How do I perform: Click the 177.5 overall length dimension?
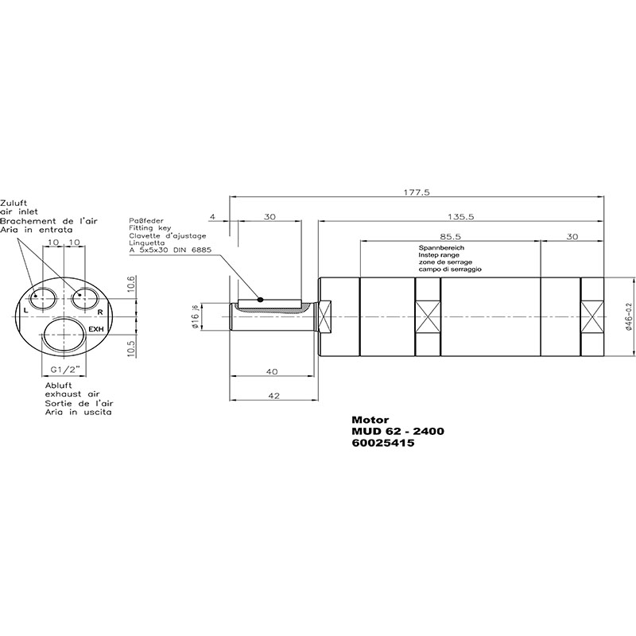click(416, 192)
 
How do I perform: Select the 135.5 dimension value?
click(461, 216)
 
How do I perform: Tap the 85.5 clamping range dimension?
click(450, 236)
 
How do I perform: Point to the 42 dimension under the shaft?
click(274, 395)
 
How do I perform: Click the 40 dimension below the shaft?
click(272, 371)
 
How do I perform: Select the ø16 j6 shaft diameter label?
click(196, 316)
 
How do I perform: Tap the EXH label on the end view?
click(96, 329)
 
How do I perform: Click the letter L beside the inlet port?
click(26, 311)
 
